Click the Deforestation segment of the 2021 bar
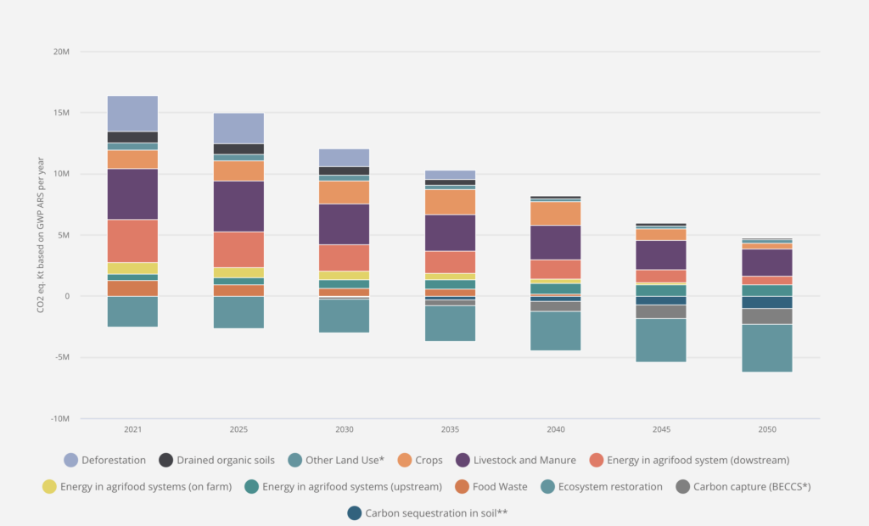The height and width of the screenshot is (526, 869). (132, 113)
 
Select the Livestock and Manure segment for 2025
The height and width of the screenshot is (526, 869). (238, 206)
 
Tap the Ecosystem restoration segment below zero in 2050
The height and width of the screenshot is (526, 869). (767, 348)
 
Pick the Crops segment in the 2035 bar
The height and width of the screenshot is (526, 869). (450, 202)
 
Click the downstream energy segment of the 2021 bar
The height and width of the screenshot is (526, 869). (132, 241)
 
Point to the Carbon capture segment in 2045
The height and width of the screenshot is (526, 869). (661, 311)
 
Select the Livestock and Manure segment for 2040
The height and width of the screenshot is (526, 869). (556, 242)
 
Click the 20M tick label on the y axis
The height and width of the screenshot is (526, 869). (61, 52)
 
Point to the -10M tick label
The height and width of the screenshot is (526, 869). (59, 418)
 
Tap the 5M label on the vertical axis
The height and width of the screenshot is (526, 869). (63, 235)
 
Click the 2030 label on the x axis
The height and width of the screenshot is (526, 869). (344, 430)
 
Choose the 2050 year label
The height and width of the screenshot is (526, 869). (767, 430)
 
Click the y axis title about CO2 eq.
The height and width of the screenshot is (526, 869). (40, 235)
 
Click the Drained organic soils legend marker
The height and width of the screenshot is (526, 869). (166, 460)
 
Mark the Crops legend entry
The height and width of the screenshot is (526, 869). (427, 460)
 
